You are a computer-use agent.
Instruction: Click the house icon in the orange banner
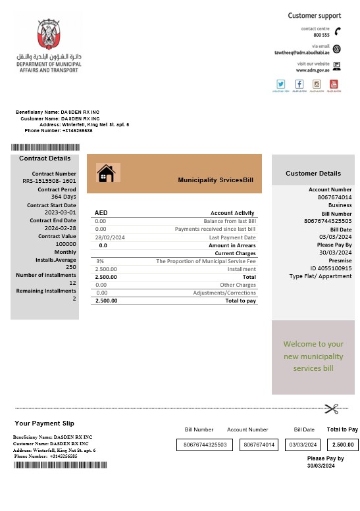click(x=105, y=173)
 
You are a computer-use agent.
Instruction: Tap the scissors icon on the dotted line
click(x=331, y=408)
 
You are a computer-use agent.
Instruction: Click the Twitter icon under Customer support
click(x=281, y=84)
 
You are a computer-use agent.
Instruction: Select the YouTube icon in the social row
click(x=334, y=84)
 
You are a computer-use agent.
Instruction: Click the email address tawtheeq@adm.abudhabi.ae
click(x=301, y=53)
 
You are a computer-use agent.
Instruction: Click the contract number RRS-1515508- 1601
click(x=49, y=181)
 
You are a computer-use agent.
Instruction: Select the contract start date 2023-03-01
click(x=61, y=212)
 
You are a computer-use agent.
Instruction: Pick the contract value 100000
click(x=66, y=244)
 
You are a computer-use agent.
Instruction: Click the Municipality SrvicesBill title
click(x=215, y=180)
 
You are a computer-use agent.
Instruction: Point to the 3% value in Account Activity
click(x=100, y=261)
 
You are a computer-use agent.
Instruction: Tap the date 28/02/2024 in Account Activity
click(x=110, y=237)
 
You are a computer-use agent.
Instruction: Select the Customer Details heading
click(x=313, y=174)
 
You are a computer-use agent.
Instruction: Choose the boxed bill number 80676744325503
click(x=204, y=445)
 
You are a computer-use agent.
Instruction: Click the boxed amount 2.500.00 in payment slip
click(x=343, y=445)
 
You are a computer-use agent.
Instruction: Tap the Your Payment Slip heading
click(x=44, y=424)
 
